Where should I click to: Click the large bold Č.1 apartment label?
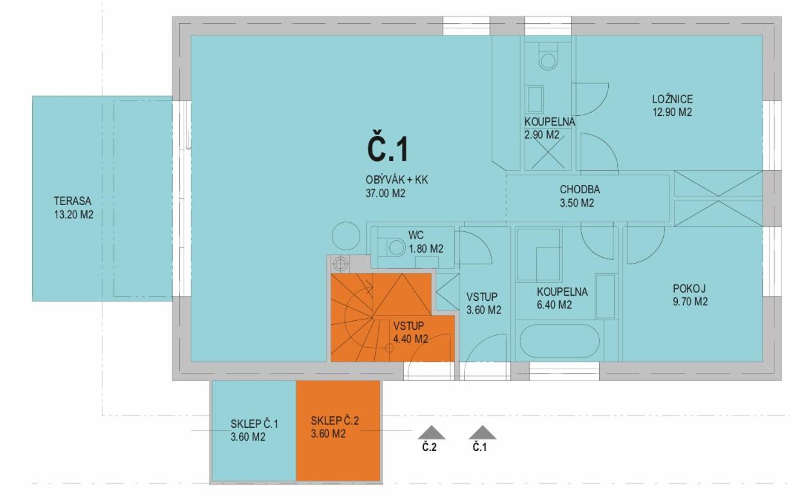pyautogui.click(x=387, y=149)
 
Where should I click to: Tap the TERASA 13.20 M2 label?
pyautogui.click(x=73, y=207)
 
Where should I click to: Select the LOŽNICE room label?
pyautogui.click(x=672, y=106)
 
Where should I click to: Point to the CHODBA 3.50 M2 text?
pyautogui.click(x=579, y=196)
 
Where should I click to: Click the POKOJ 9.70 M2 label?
pyautogui.click(x=690, y=295)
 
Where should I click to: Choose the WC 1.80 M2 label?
pyautogui.click(x=426, y=242)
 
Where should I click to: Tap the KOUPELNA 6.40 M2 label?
pyautogui.click(x=562, y=298)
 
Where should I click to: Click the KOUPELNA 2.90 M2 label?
pyautogui.click(x=550, y=128)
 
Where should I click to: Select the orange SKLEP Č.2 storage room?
pyautogui.click(x=338, y=430)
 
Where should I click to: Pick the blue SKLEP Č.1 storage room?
pyautogui.click(x=254, y=430)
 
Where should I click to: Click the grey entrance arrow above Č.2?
pyautogui.click(x=431, y=432)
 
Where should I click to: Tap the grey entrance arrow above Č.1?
pyautogui.click(x=482, y=432)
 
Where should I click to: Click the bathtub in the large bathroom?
pyautogui.click(x=559, y=341)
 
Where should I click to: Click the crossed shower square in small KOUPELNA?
pyautogui.click(x=548, y=151)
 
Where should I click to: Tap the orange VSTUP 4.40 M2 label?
pyautogui.click(x=410, y=332)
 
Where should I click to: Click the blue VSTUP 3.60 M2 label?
pyautogui.click(x=483, y=303)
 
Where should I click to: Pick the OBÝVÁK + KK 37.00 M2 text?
pyautogui.click(x=396, y=186)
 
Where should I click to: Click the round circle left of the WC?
pyautogui.click(x=346, y=236)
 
